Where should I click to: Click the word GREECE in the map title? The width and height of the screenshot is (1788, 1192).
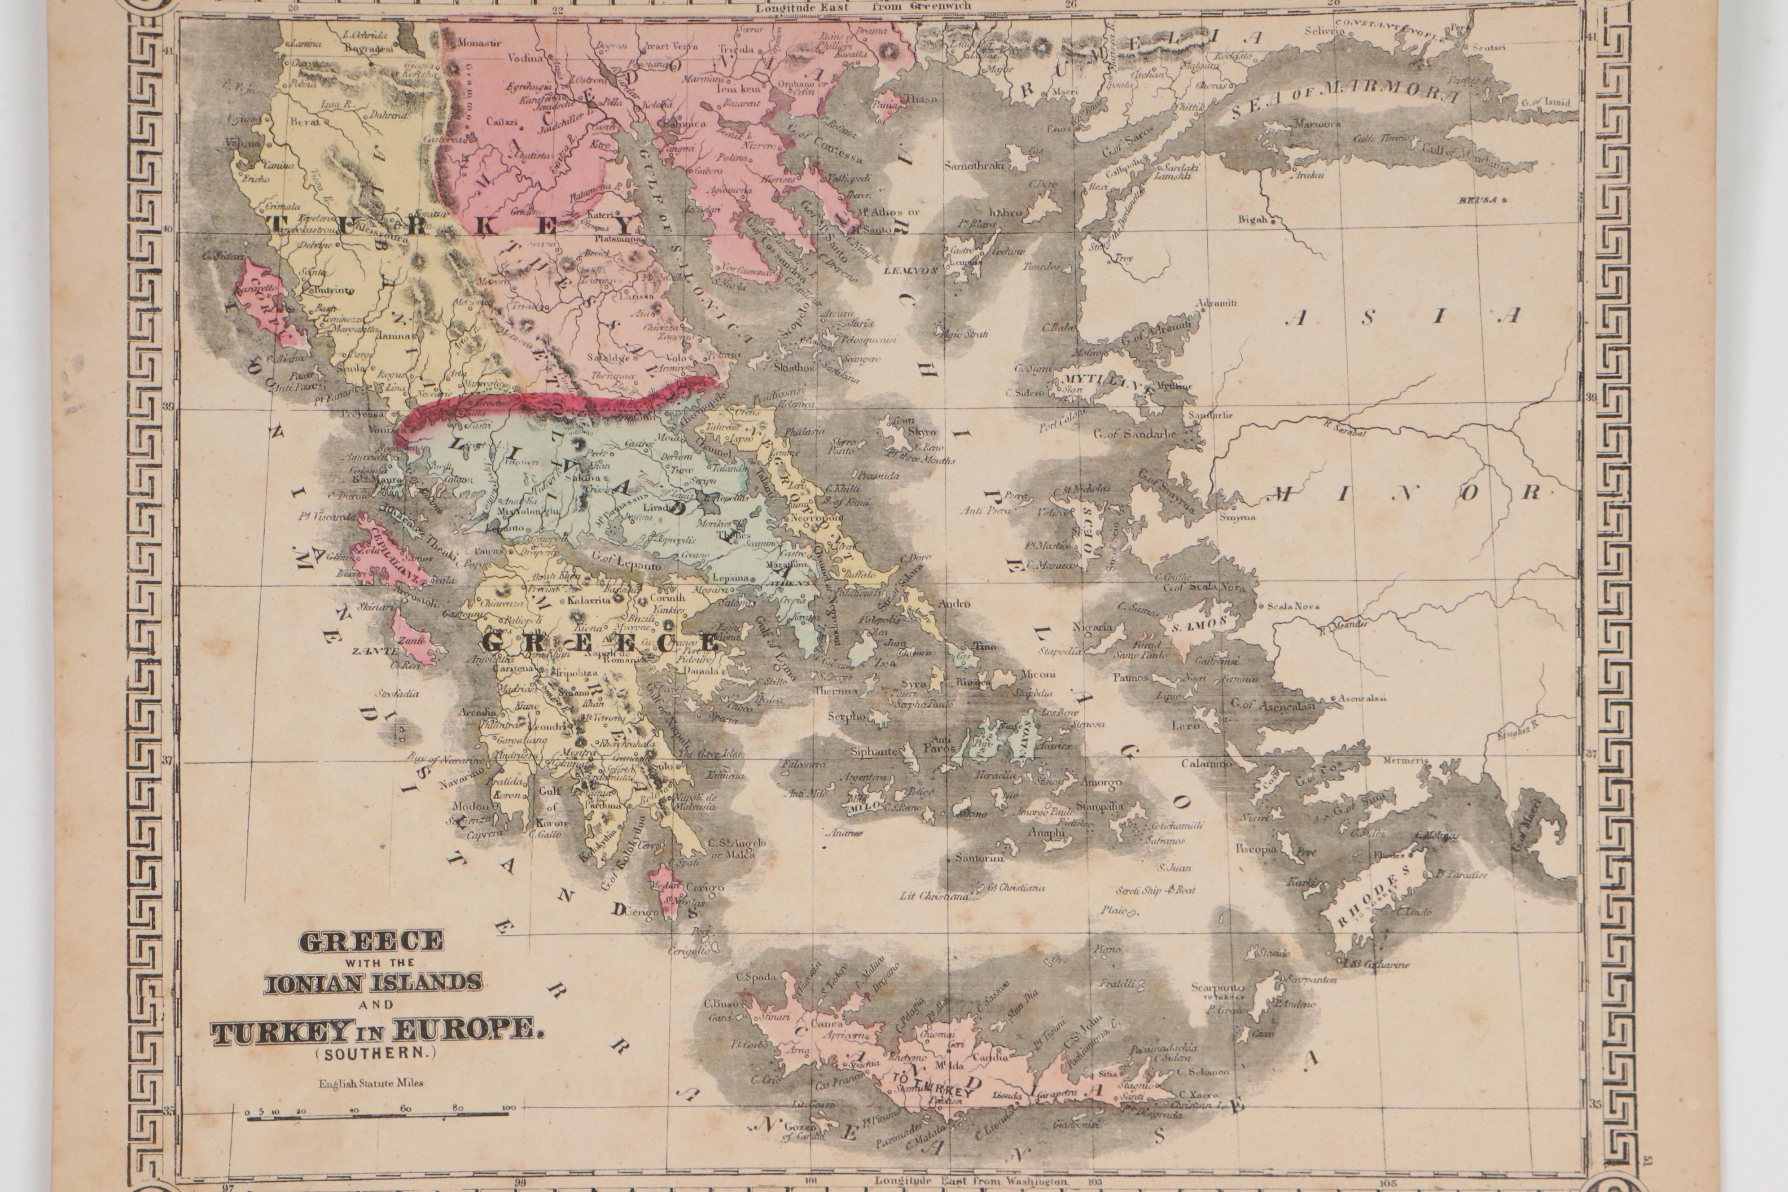[x=372, y=941]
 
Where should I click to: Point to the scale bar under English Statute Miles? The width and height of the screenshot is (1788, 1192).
[x=378, y=1115]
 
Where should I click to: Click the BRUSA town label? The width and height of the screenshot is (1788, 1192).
[x=1477, y=200]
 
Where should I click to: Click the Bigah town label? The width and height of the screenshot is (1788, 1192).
[x=1252, y=220]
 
